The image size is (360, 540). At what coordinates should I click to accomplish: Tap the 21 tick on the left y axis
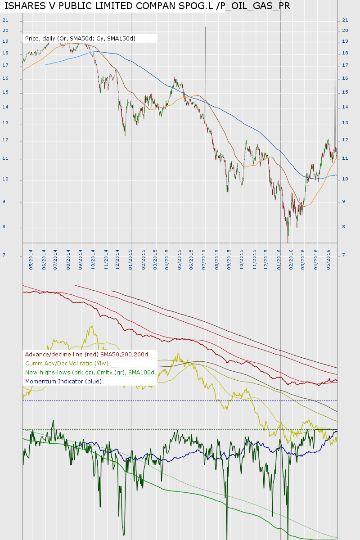pyautogui.click(x=5, y=20)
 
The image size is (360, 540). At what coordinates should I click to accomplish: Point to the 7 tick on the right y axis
pyautogui.click(x=344, y=256)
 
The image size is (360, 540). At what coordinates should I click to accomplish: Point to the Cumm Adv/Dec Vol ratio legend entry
pyautogui.click(x=67, y=364)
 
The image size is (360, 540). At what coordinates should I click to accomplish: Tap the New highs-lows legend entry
pyautogui.click(x=90, y=373)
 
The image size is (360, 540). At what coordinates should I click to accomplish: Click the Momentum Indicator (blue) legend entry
pyautogui.click(x=63, y=382)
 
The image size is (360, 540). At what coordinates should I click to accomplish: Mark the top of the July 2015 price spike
pyautogui.click(x=205, y=27)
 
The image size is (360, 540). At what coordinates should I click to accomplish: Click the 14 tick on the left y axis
pyautogui.click(x=5, y=108)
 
